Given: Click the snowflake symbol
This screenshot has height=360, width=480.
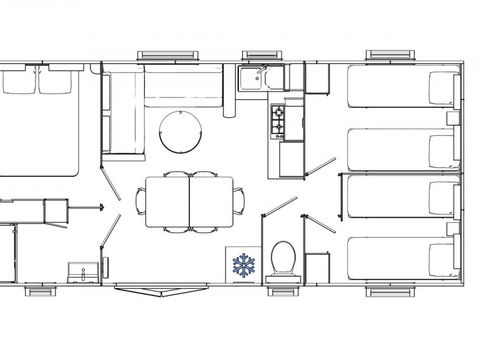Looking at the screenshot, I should pyautogui.click(x=244, y=265).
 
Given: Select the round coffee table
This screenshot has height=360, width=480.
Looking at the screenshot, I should pyautogui.click(x=180, y=129).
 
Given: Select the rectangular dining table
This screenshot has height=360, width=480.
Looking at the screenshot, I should pyautogui.click(x=190, y=200).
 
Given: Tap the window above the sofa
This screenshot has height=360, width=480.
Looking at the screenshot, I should pyautogui.click(x=160, y=54).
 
